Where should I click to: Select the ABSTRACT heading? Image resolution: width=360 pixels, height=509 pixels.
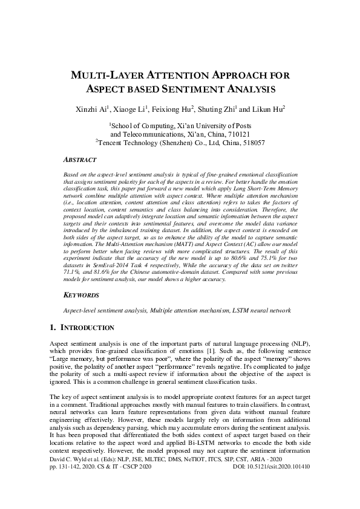pyautogui.click(x=80, y=160)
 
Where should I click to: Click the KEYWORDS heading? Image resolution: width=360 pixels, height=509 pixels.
pyautogui.click(x=82, y=297)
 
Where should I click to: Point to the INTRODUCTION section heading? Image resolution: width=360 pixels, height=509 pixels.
pyautogui.click(x=87, y=327)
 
